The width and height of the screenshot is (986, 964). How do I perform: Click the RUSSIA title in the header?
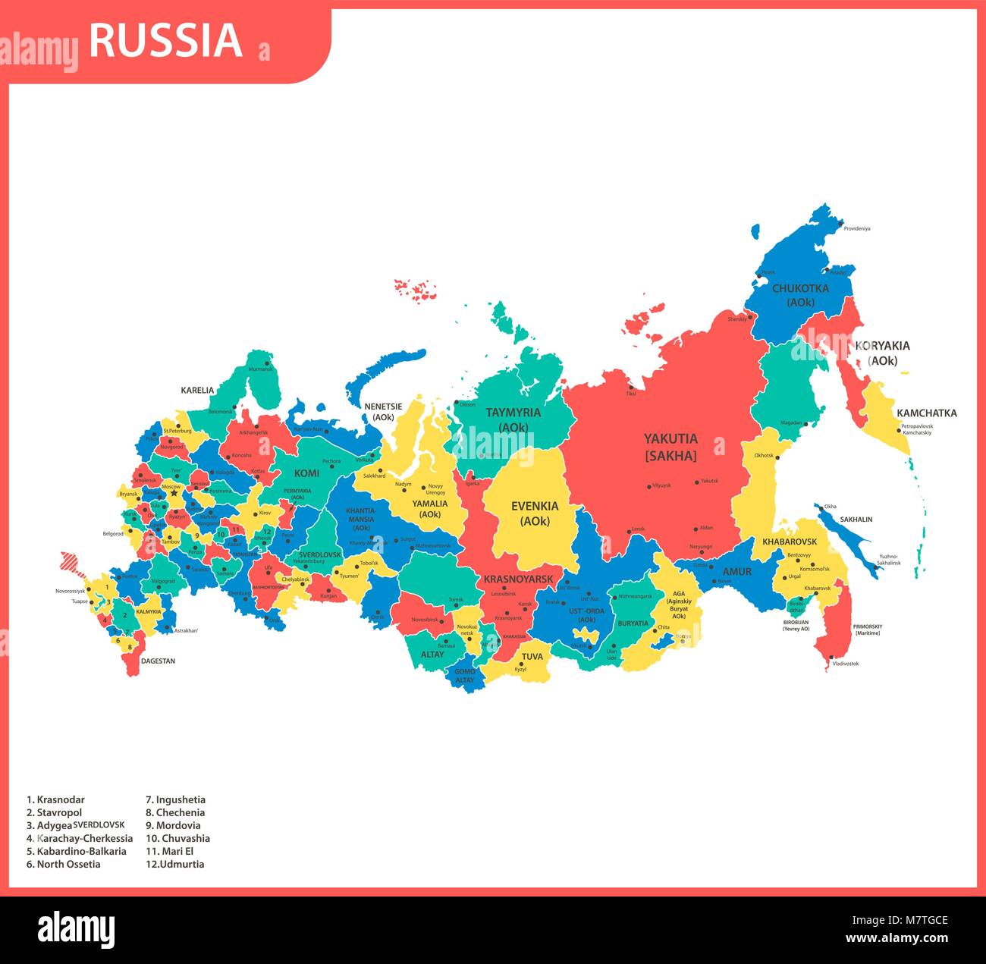(x=165, y=41)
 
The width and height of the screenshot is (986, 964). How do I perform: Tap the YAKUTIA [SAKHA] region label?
(x=670, y=447)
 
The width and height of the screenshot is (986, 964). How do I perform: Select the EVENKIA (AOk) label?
(x=535, y=513)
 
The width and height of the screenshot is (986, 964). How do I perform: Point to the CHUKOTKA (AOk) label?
(x=800, y=295)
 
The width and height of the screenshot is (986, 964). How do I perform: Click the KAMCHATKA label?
(x=926, y=413)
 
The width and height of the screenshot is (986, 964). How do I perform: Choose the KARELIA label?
(x=197, y=391)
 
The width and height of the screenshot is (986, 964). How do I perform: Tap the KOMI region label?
(x=306, y=473)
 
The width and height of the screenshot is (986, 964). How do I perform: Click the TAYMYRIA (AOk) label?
(x=513, y=419)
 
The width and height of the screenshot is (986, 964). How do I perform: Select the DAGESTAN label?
(x=158, y=661)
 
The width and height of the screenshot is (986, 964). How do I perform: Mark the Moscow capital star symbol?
(x=174, y=493)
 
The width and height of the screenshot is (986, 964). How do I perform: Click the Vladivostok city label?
(x=845, y=664)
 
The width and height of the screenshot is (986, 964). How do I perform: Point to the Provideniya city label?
(x=857, y=228)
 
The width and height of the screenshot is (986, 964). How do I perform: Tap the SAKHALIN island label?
(x=856, y=520)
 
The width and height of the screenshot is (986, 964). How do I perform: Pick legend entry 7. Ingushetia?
(x=175, y=799)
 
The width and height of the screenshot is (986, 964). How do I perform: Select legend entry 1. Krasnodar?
(x=55, y=799)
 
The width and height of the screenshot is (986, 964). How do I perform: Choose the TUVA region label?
(x=532, y=656)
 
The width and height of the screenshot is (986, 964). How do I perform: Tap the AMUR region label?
(x=736, y=572)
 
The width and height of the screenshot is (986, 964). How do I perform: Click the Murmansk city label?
(x=259, y=369)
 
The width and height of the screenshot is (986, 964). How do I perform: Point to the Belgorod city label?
(x=113, y=534)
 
